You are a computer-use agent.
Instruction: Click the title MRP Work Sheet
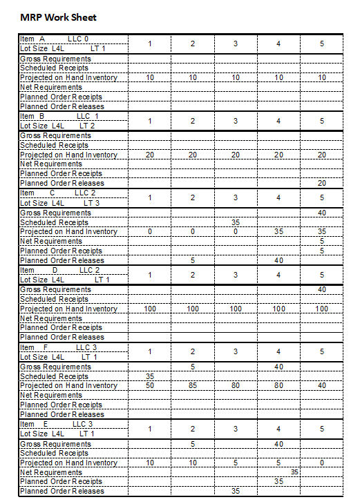click(x=58, y=17)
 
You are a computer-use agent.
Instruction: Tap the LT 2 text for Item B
click(x=87, y=126)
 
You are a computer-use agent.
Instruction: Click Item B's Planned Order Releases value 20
click(x=321, y=184)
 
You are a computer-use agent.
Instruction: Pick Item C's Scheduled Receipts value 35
click(x=236, y=222)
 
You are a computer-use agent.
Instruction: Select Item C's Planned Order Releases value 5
click(x=193, y=261)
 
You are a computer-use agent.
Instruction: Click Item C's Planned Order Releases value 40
click(x=278, y=261)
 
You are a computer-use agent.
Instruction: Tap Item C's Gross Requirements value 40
click(x=321, y=213)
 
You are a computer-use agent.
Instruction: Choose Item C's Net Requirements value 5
click(x=321, y=242)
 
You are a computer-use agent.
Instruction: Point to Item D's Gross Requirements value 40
click(x=321, y=290)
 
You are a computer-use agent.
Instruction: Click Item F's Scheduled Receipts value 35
click(x=150, y=376)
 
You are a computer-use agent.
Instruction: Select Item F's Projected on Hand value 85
click(x=193, y=386)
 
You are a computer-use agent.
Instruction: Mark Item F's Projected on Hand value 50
click(x=150, y=386)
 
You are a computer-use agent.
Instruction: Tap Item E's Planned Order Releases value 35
click(x=236, y=492)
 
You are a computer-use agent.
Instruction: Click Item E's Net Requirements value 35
click(x=294, y=472)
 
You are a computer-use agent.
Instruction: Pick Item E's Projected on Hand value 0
click(x=321, y=463)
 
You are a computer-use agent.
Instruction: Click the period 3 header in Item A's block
click(x=236, y=44)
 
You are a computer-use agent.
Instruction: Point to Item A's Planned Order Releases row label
click(x=62, y=107)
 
